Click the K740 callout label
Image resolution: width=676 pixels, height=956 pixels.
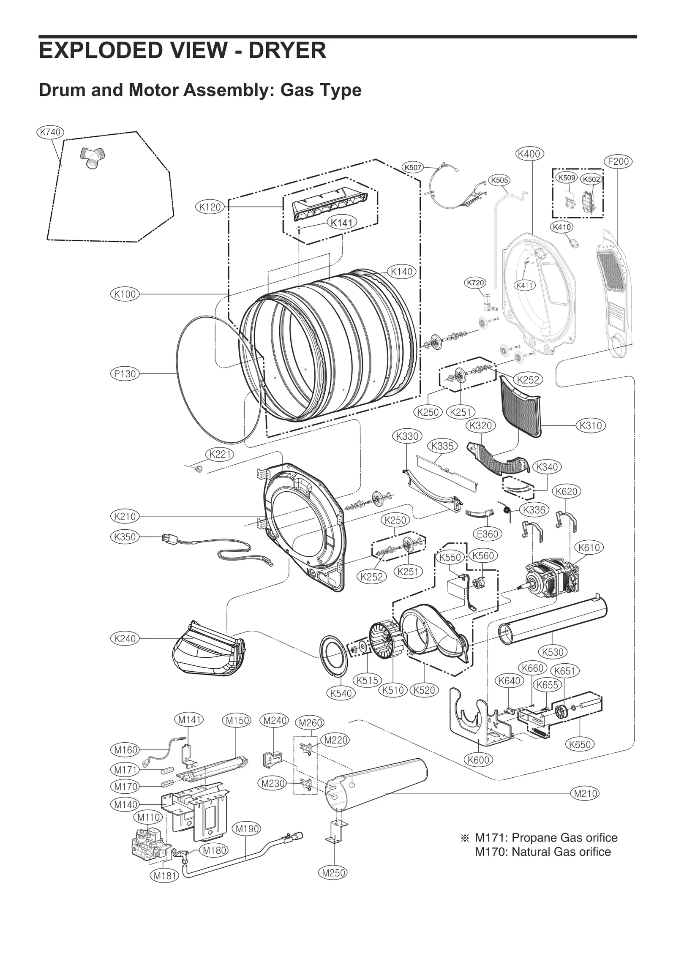point(50,132)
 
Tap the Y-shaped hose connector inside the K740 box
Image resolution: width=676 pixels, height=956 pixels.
point(92,158)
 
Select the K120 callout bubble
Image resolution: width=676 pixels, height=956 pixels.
point(210,207)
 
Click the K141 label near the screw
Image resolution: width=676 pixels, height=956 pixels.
point(342,223)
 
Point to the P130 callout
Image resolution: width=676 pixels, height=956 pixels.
point(125,373)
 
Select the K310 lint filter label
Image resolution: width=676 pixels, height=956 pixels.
point(590,425)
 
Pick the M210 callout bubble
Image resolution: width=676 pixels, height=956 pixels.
point(585,793)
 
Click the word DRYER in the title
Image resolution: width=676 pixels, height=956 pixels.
point(287,50)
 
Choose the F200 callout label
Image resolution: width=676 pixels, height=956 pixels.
point(618,161)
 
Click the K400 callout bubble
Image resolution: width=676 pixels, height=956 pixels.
point(529,154)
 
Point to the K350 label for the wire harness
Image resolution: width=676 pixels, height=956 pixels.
point(125,537)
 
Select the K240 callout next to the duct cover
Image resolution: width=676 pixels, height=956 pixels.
point(125,638)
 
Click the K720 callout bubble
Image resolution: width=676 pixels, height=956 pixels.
point(475,283)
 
